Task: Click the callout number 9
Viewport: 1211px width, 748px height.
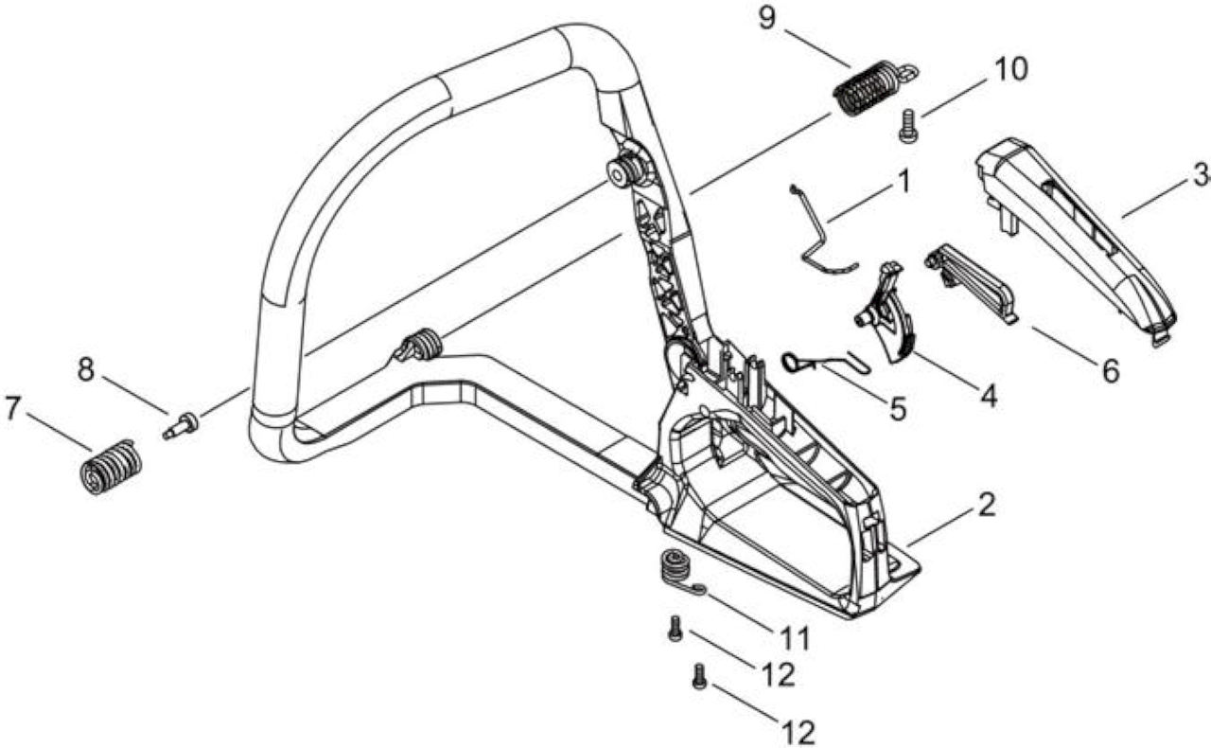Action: pyautogui.click(x=767, y=18)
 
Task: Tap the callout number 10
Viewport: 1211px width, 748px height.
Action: pyautogui.click(x=1009, y=70)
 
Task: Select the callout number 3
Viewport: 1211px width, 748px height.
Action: pyautogui.click(x=1199, y=175)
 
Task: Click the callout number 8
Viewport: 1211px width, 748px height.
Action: pyautogui.click(x=86, y=370)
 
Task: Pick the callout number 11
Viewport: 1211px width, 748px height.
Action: pyautogui.click(x=793, y=638)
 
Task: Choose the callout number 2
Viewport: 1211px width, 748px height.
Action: pyautogui.click(x=987, y=505)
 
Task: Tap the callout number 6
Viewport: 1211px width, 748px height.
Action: pyautogui.click(x=1110, y=371)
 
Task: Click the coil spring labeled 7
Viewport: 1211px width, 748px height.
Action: pyautogui.click(x=111, y=468)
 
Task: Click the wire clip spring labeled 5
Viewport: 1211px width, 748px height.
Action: pyautogui.click(x=826, y=362)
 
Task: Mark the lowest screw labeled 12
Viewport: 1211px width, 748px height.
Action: pyautogui.click(x=699, y=677)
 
